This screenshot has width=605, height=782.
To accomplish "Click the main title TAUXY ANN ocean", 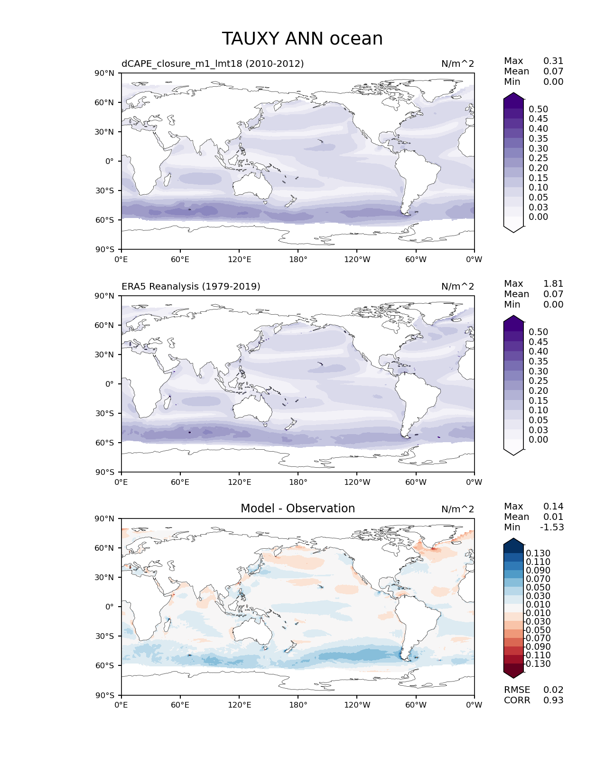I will coord(302,39).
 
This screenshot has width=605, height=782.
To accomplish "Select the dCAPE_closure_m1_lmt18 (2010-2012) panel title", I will coord(213,64).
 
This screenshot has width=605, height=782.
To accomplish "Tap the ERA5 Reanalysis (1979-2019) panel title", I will coord(191,286).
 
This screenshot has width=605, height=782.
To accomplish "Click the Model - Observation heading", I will coord(298,509).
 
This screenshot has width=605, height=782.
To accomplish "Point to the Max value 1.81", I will coord(553,283).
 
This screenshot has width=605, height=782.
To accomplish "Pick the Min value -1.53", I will coord(552,527).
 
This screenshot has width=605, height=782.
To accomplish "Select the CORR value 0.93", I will coord(553,700).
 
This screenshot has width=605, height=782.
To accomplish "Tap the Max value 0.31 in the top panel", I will coord(553,61).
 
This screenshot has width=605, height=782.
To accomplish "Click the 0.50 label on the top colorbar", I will coord(538,109).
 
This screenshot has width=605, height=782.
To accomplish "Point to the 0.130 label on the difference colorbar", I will coord(538,553).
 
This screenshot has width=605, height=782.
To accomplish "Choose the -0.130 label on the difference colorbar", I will coord(538,664).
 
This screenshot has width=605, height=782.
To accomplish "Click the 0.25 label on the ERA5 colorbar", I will coord(538,381).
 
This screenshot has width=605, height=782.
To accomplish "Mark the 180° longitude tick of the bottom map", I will coord(298,705).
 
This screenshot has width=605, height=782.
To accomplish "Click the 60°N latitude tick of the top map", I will coord(105,102).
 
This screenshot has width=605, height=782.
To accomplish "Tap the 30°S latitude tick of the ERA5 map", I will coord(105,413).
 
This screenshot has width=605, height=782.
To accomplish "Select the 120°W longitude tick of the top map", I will coord(357,259).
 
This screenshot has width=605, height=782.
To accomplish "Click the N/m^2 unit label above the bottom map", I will coord(457,509).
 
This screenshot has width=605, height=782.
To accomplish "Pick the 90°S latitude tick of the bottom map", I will coord(105,695).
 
